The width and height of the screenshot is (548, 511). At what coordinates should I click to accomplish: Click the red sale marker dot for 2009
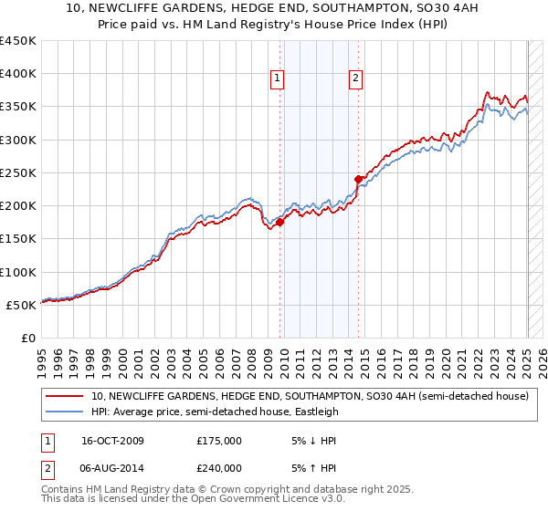pos(280,222)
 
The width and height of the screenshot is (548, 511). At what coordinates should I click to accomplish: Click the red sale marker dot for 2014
pos(358,179)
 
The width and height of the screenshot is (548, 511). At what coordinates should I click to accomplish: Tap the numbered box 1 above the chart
pos(277,78)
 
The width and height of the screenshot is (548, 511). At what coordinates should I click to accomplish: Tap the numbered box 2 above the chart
pos(354,78)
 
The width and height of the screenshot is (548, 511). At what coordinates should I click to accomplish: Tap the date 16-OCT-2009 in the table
pos(112,441)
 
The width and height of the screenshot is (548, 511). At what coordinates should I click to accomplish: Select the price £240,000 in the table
pos(219,468)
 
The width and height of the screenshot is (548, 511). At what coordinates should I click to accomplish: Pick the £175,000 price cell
pos(219,441)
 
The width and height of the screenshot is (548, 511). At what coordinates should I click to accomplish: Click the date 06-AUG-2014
pos(112,468)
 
